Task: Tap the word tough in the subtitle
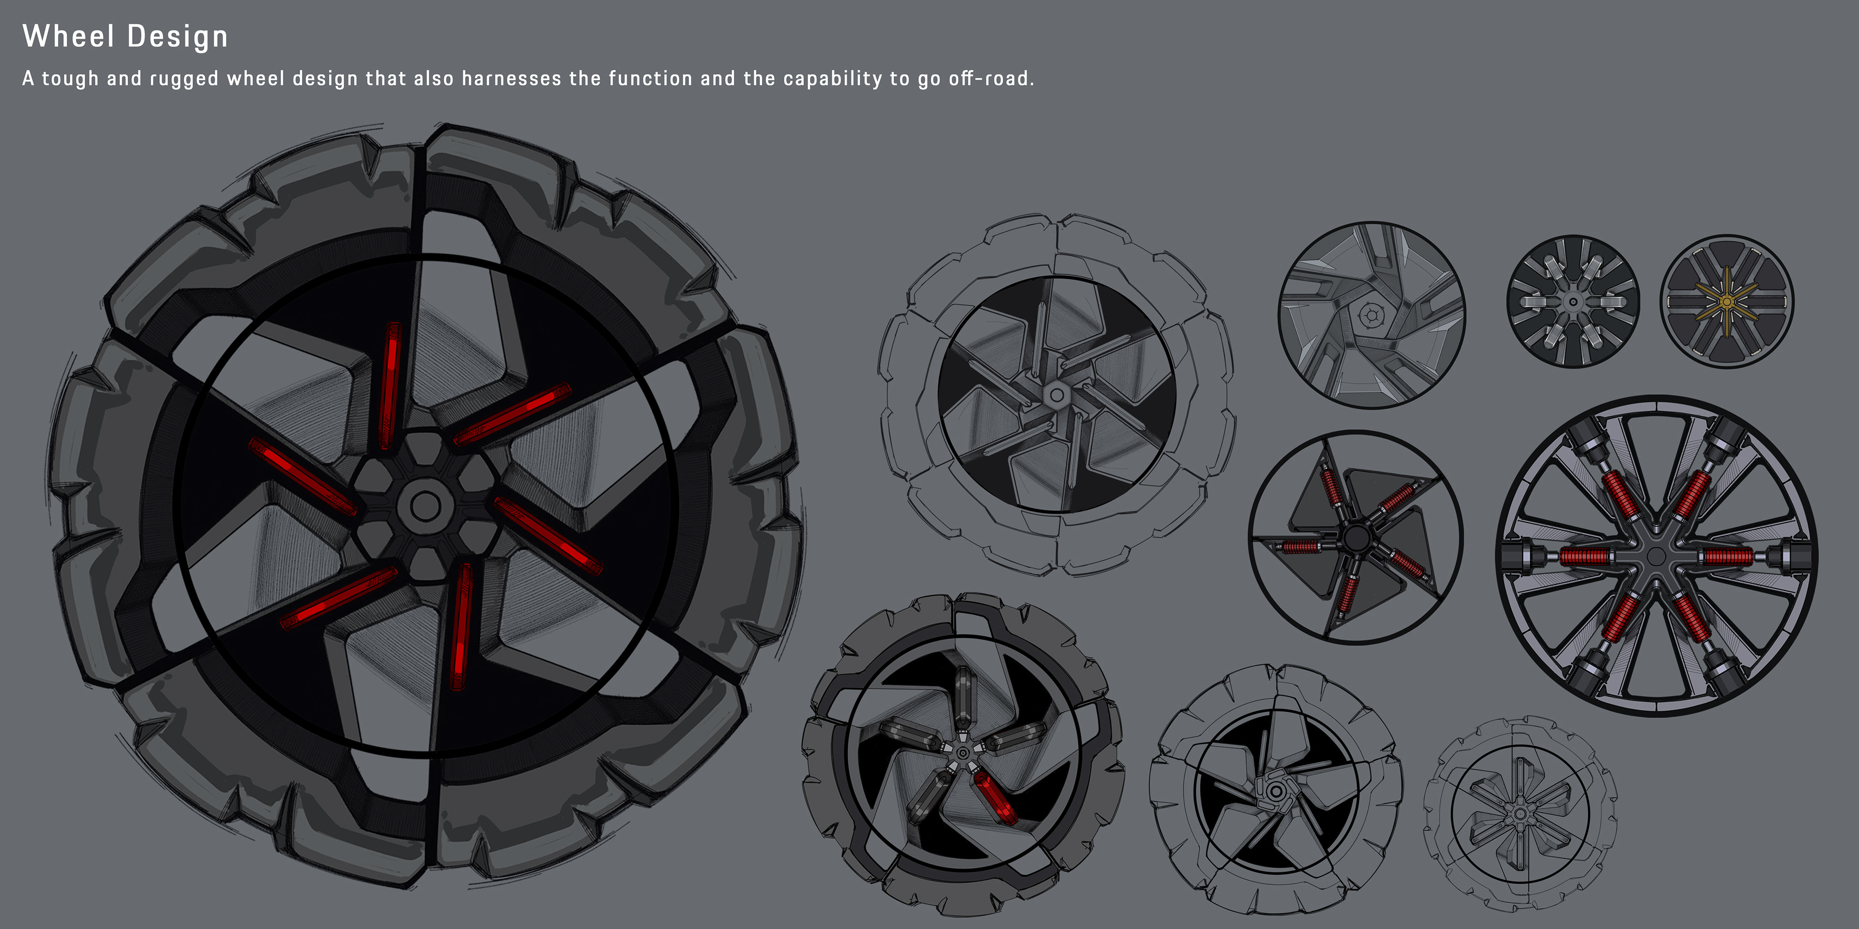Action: tap(70, 78)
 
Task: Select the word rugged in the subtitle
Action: tap(183, 78)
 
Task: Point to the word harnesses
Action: tap(511, 78)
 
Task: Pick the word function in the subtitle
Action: tap(650, 78)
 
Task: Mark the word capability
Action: tap(832, 78)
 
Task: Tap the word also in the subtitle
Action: tap(433, 78)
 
